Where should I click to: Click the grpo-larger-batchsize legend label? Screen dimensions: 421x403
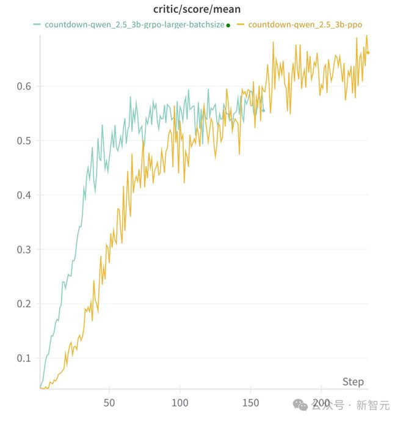click(x=134, y=25)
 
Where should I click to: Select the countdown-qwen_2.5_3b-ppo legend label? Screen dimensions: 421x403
click(x=310, y=25)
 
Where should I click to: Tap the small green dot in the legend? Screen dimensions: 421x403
click(x=228, y=26)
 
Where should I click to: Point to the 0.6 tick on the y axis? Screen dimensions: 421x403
click(x=25, y=86)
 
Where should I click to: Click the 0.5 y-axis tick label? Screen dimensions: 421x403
click(x=25, y=141)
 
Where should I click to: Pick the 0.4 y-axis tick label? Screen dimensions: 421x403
click(x=25, y=195)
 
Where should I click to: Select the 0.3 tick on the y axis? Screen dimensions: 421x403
click(x=25, y=249)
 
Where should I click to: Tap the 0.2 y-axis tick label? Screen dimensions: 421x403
click(x=25, y=304)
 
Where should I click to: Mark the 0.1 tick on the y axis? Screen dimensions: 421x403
click(x=25, y=358)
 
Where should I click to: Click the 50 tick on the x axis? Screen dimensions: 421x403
click(x=109, y=403)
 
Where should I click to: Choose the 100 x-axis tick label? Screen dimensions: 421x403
click(x=180, y=403)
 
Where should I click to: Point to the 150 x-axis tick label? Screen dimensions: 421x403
click(x=251, y=403)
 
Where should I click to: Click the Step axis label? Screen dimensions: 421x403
click(x=353, y=382)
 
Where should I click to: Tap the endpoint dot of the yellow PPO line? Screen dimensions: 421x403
click(x=368, y=53)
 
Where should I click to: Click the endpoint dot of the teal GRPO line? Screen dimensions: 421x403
click(x=263, y=111)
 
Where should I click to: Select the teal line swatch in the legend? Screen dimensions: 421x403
click(x=37, y=25)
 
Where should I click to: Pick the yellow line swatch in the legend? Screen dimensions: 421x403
click(x=241, y=25)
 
